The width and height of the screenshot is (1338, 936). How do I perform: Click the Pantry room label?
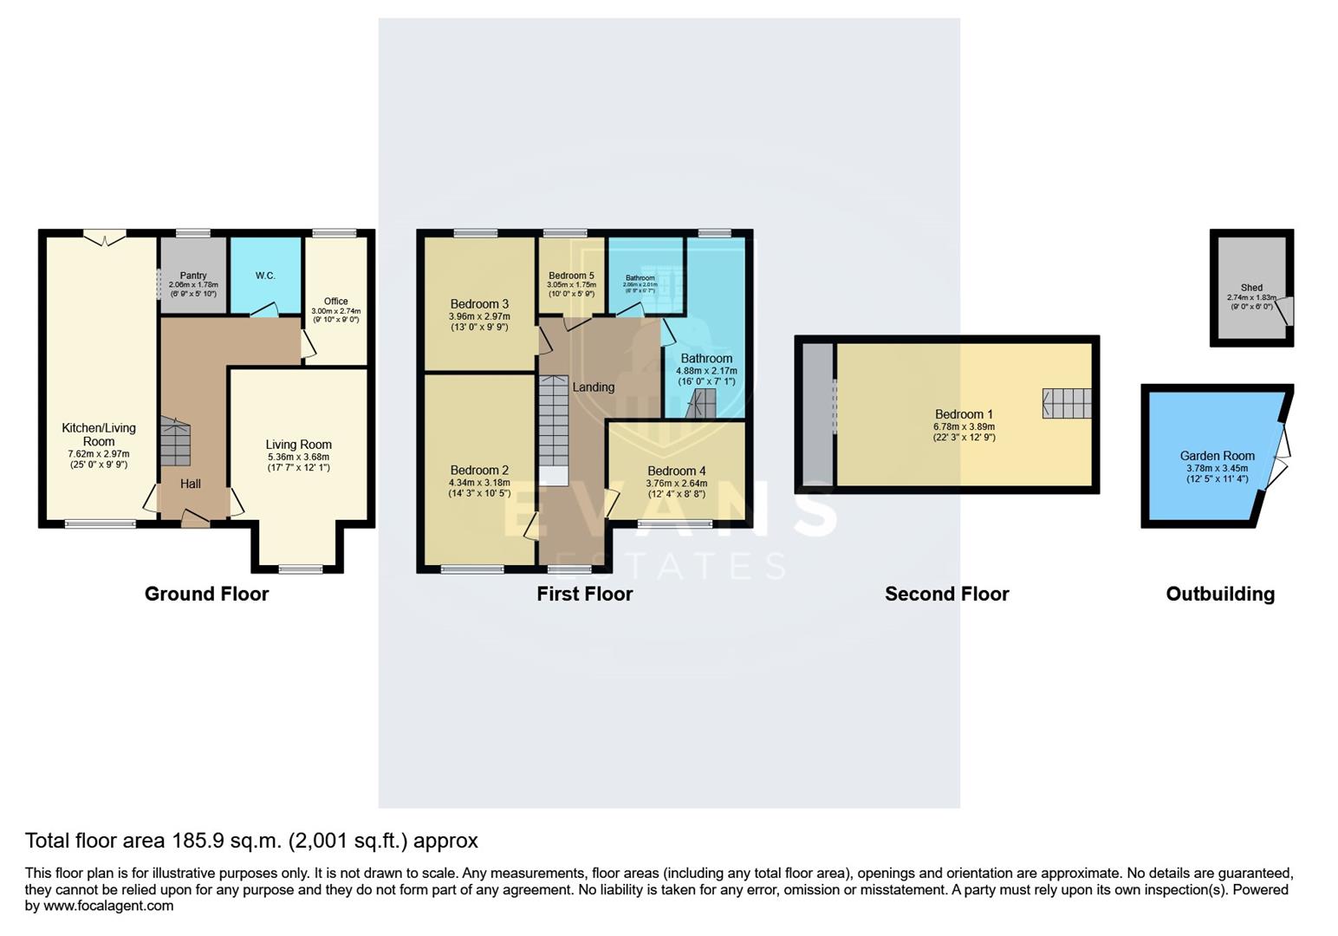[x=193, y=276]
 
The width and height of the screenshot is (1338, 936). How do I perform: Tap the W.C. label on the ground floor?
[x=265, y=276]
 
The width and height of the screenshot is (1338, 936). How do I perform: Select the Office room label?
[x=335, y=302]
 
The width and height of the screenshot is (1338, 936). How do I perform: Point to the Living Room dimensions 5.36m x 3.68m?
[x=298, y=457]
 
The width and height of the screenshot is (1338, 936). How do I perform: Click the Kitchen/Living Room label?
[x=99, y=434]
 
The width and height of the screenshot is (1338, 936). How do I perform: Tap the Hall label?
[x=191, y=484]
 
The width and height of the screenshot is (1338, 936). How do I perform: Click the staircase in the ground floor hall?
[x=175, y=444]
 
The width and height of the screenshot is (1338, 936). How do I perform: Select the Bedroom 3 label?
[x=479, y=304]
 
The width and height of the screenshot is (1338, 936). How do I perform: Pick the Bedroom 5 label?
[x=571, y=276]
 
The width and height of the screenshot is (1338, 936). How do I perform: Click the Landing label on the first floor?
[x=594, y=387]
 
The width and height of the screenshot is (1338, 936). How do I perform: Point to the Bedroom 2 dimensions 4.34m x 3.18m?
[x=479, y=483]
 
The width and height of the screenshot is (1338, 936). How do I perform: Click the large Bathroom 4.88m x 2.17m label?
[x=706, y=358]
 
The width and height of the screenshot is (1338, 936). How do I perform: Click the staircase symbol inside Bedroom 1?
[x=1067, y=404]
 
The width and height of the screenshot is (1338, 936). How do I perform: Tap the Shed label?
[x=1251, y=288]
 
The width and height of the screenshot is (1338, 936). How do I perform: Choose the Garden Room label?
[x=1217, y=456]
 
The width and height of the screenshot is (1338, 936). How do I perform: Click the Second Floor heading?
[x=946, y=594]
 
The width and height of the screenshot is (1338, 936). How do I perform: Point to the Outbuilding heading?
[x=1219, y=594]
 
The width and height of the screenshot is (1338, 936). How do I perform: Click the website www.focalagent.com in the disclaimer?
[x=108, y=906]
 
